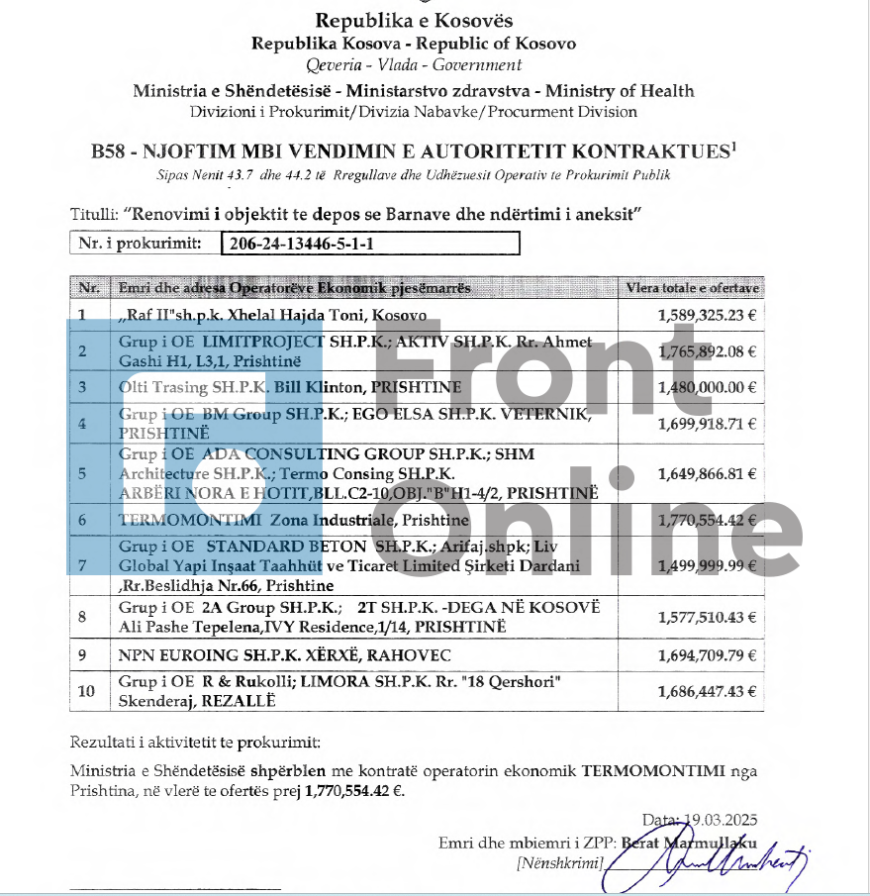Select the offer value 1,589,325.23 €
tap(707, 316)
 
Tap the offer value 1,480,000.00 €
tap(707, 387)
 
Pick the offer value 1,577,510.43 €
tap(707, 617)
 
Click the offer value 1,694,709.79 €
tap(707, 655)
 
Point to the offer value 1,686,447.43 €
tap(707, 692)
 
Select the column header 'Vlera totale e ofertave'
tap(692, 288)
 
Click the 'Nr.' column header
tap(89, 288)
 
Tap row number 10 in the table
tap(84, 692)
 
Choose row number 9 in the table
tap(82, 655)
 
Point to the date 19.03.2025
tap(720, 820)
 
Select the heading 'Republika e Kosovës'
tap(414, 21)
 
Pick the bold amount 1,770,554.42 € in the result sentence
tap(354, 791)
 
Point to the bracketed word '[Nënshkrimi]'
tap(560, 863)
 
